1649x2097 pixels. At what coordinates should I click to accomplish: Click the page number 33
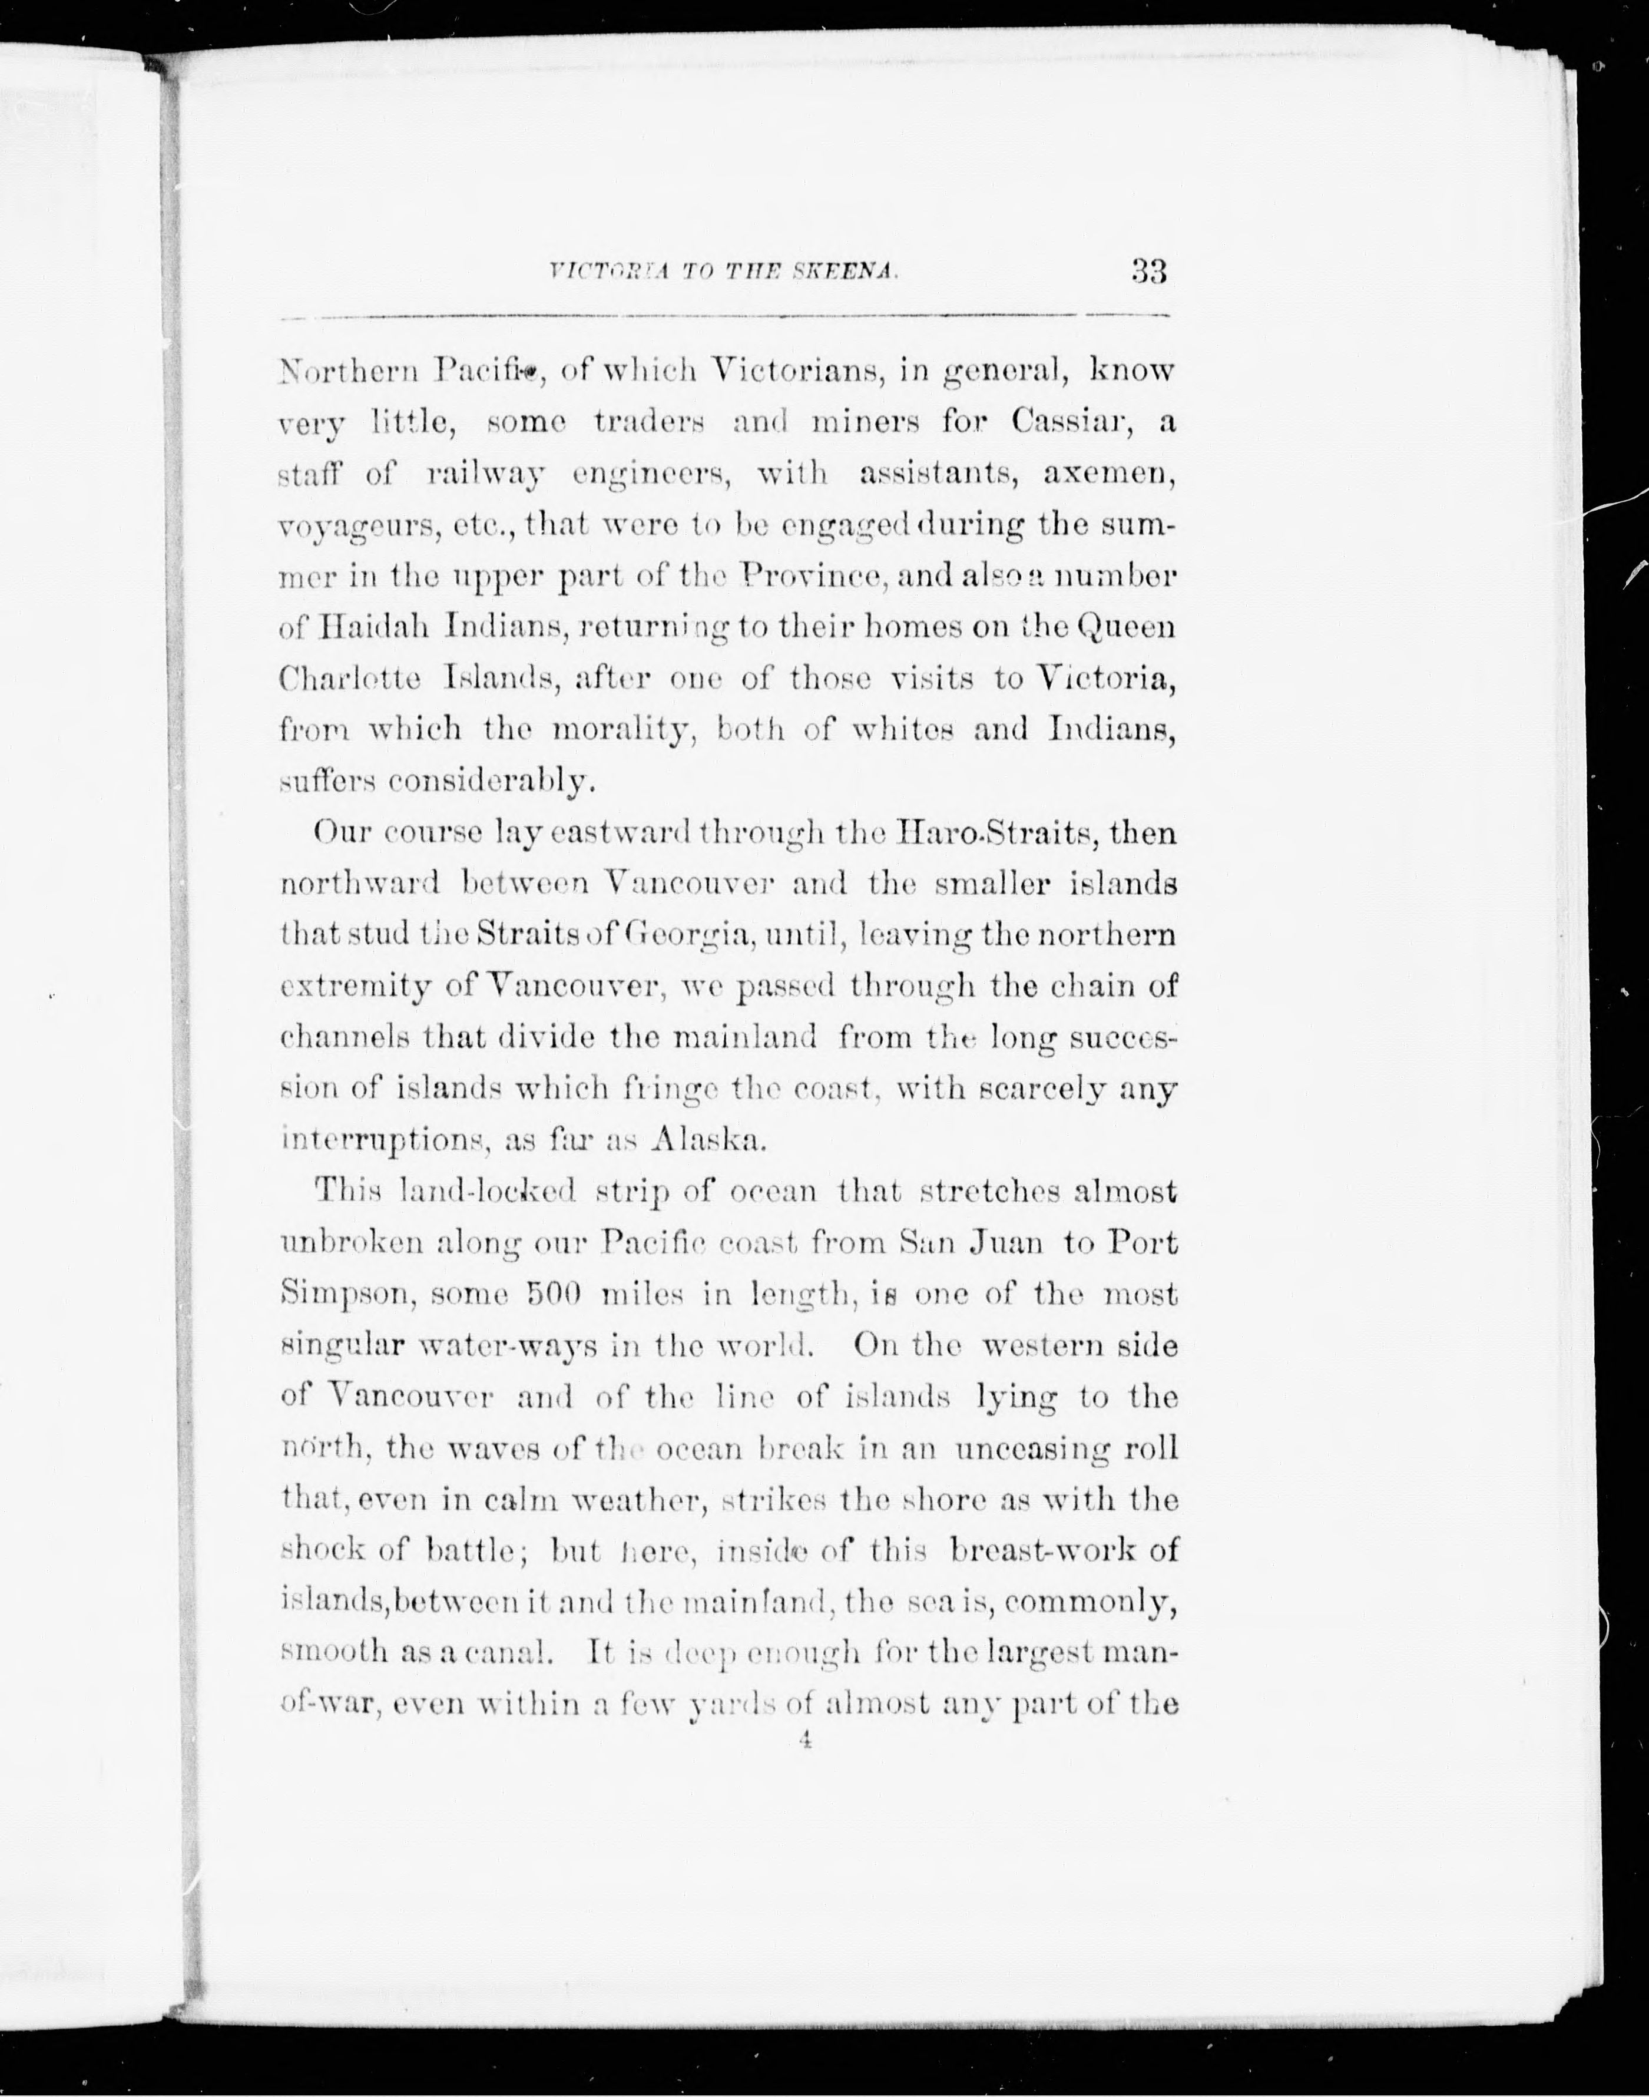(1149, 272)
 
